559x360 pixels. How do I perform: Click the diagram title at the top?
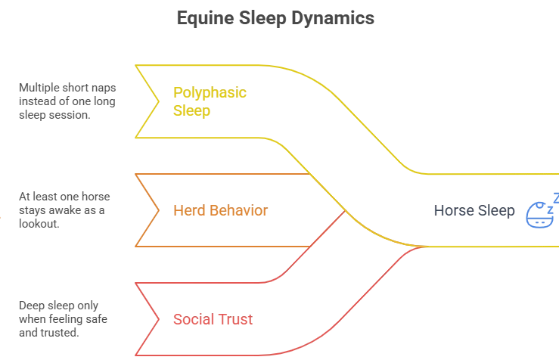click(275, 16)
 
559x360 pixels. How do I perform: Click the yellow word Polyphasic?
click(200, 94)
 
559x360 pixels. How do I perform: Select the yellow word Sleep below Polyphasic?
click(190, 111)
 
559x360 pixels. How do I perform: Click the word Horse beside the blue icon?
click(454, 211)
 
